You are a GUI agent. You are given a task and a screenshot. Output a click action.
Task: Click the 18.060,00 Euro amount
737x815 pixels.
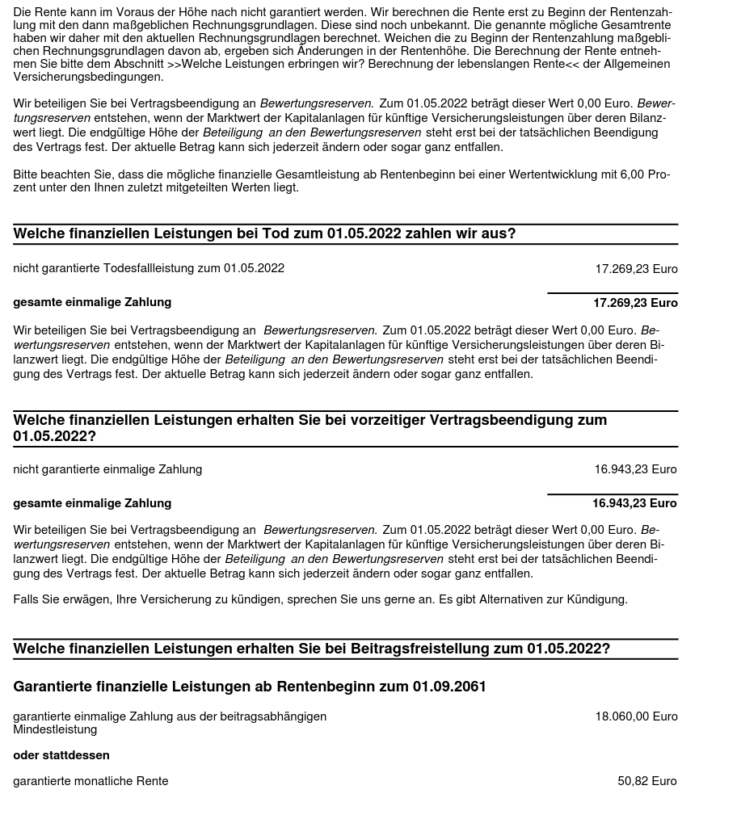coord(636,716)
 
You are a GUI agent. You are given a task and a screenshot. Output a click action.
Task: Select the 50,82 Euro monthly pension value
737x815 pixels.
coord(646,781)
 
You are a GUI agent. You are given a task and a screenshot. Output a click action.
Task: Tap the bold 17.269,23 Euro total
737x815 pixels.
coord(635,303)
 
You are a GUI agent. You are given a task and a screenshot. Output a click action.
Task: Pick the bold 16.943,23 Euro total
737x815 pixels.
coord(634,503)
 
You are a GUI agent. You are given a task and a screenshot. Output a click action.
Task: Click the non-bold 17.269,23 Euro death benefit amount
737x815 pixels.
coord(636,269)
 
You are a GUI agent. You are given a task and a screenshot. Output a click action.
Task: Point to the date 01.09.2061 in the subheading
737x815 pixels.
coord(449,687)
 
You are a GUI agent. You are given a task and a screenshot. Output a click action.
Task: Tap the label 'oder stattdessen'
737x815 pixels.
coord(61,755)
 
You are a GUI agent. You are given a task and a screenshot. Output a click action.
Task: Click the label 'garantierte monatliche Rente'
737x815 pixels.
coord(91,781)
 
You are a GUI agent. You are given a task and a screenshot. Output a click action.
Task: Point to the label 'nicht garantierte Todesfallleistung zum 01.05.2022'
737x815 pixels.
coord(149,268)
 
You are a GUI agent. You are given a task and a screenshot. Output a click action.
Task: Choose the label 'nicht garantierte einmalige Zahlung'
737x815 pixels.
coord(107,469)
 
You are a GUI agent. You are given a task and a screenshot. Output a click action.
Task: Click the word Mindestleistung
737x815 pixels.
coord(55,729)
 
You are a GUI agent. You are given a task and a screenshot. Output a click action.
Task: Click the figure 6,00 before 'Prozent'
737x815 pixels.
coord(633,174)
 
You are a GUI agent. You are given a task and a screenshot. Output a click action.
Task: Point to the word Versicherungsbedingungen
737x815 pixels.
coord(88,77)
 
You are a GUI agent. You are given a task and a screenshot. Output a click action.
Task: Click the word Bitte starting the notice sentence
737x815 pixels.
coord(28,174)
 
